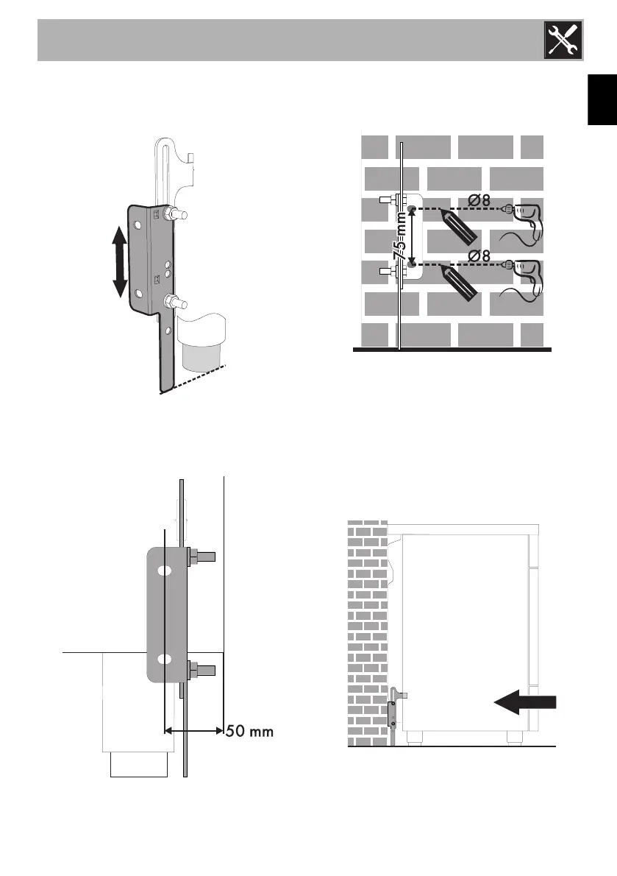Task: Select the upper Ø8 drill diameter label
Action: point(479,199)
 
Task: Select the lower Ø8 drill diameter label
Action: point(479,255)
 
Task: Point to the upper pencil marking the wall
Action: point(460,230)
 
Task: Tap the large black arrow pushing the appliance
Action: point(525,704)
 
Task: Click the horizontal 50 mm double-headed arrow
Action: point(193,731)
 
